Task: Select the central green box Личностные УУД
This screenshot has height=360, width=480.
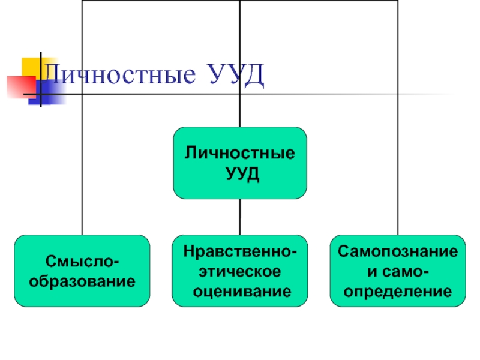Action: click(240, 163)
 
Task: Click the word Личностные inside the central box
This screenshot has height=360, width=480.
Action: click(240, 153)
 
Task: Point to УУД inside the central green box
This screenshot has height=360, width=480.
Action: click(240, 173)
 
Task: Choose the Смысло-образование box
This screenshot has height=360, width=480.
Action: click(82, 271)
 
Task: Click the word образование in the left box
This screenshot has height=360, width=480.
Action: click(82, 280)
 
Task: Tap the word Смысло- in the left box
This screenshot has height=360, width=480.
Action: click(82, 262)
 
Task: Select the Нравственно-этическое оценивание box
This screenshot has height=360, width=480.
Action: click(240, 271)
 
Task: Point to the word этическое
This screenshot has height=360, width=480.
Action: click(240, 271)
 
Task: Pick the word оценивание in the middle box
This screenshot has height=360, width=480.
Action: click(240, 292)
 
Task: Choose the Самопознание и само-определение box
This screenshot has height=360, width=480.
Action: click(397, 271)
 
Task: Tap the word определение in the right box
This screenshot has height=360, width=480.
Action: click(397, 292)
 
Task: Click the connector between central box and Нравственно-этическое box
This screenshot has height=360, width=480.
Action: click(240, 217)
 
